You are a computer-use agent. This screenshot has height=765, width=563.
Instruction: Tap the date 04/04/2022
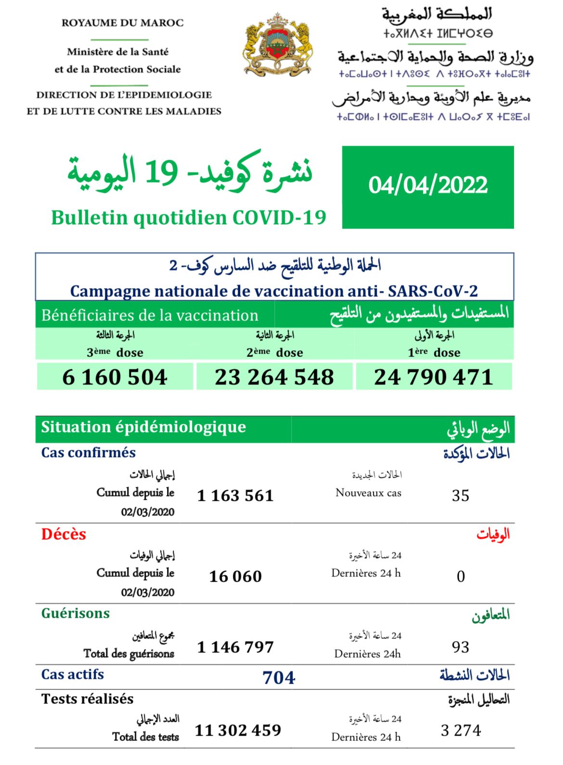[428, 186]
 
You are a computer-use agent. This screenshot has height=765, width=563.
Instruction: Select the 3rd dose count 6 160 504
[115, 377]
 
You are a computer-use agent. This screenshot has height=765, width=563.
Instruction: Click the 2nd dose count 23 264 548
[274, 377]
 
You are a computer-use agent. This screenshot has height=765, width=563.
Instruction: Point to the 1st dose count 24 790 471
[434, 377]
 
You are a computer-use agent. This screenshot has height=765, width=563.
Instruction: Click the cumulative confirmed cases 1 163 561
[235, 495]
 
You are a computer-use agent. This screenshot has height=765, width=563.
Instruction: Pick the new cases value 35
[461, 496]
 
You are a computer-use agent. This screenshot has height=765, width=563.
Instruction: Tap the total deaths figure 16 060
[235, 576]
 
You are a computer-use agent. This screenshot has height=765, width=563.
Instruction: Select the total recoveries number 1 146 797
[235, 647]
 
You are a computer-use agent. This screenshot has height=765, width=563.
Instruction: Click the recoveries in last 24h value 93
[461, 647]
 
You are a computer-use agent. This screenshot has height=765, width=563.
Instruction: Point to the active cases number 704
[279, 677]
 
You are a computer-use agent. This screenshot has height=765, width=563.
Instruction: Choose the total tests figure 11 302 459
[238, 730]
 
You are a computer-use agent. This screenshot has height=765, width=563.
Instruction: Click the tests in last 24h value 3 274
[461, 730]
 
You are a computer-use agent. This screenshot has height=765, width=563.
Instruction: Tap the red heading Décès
[64, 534]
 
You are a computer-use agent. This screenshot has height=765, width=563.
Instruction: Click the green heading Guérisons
[76, 613]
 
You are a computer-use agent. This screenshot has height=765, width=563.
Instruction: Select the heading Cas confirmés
[89, 452]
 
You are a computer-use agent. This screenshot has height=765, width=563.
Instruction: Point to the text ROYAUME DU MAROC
[123, 23]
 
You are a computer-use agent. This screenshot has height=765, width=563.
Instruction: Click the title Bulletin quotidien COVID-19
[189, 217]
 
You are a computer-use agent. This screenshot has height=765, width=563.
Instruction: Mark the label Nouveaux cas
[368, 493]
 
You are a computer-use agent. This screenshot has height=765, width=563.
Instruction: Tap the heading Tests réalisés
[88, 699]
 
